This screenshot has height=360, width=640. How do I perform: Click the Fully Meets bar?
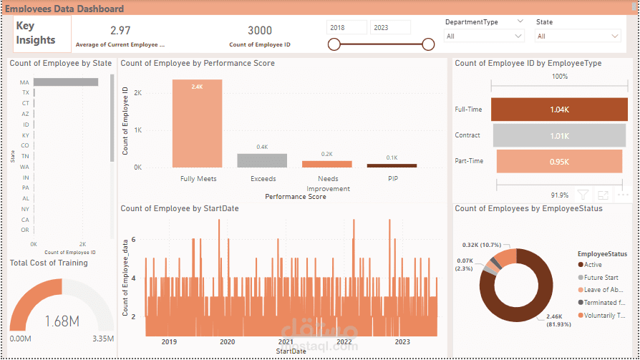197,123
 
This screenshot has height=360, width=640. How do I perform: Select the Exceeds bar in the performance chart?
262,160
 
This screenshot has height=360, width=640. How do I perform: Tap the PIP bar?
392,165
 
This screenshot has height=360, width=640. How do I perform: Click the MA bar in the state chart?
65,82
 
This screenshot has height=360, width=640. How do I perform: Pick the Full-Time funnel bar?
559,110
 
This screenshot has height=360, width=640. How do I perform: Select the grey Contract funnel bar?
559,135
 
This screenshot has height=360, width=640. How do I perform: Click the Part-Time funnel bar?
559,161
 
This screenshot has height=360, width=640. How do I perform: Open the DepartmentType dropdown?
485,36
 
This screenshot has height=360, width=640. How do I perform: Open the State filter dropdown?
578,36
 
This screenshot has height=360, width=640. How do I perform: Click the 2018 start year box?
347,27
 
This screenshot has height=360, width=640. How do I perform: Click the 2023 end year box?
390,27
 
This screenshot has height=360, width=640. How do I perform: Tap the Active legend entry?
593,265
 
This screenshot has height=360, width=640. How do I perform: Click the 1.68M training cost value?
62,321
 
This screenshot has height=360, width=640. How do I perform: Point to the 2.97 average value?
120,30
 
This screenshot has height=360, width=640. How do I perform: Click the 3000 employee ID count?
260,30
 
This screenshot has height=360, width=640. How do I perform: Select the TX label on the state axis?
25,92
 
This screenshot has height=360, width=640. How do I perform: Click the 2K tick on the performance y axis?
138,93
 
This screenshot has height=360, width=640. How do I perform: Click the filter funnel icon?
583,195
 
